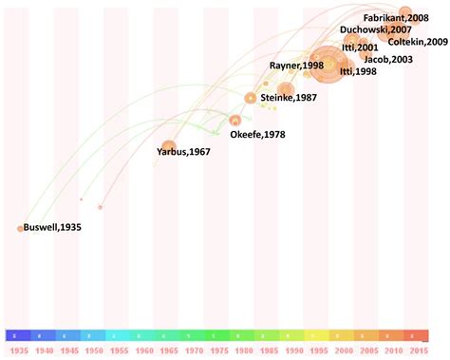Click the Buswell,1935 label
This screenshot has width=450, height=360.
coord(52,228)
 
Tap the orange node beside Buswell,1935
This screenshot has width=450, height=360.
coord(20,228)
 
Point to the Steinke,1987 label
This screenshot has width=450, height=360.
coord(288,97)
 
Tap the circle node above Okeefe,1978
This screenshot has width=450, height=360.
coord(235,121)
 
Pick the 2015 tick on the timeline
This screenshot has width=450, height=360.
coord(418,351)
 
